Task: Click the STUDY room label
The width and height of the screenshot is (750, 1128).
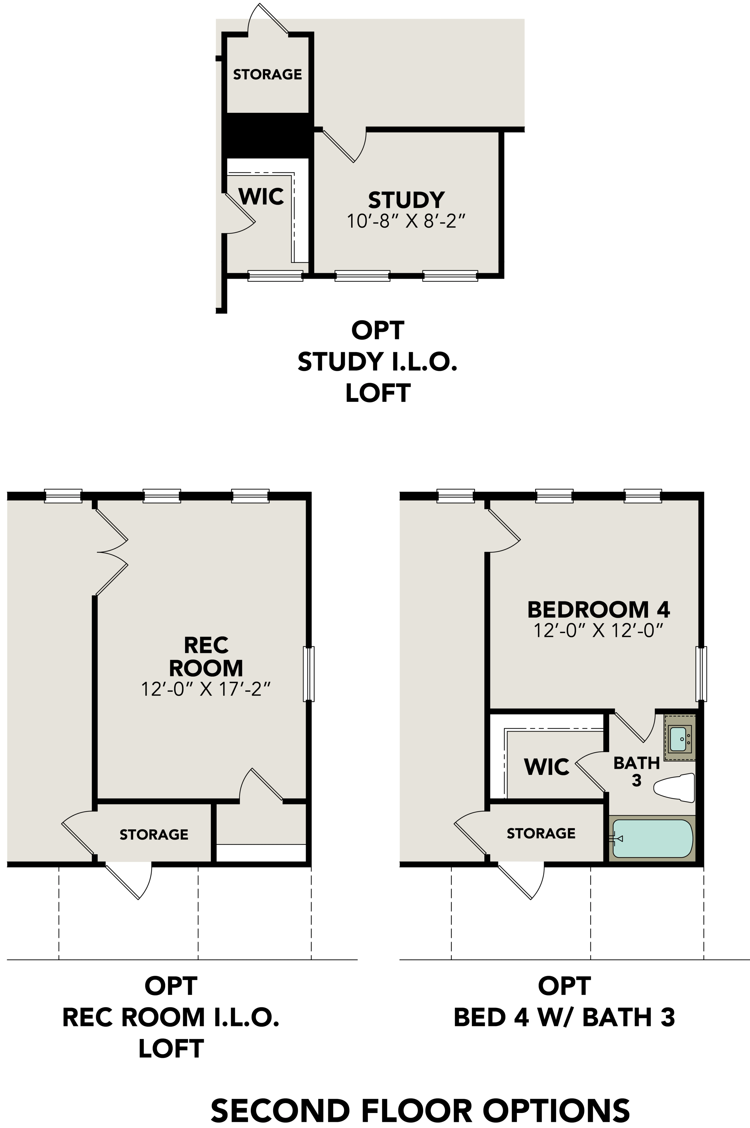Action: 406,200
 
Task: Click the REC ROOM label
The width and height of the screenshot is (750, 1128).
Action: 206,656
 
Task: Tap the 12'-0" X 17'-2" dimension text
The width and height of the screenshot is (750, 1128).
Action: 206,689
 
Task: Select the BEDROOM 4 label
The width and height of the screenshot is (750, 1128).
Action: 598,610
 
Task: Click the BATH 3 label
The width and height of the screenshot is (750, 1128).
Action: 636,771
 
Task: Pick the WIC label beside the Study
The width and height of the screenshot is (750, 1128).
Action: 261,196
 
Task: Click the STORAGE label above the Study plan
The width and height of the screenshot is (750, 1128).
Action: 267,74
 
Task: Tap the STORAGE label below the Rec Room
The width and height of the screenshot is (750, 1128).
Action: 153,835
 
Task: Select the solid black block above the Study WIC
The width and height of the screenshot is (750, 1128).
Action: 267,135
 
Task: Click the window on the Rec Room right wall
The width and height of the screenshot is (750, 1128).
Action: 309,674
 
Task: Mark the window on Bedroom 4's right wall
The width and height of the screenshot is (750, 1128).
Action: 702,674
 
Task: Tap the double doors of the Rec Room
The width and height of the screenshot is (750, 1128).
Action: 112,552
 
